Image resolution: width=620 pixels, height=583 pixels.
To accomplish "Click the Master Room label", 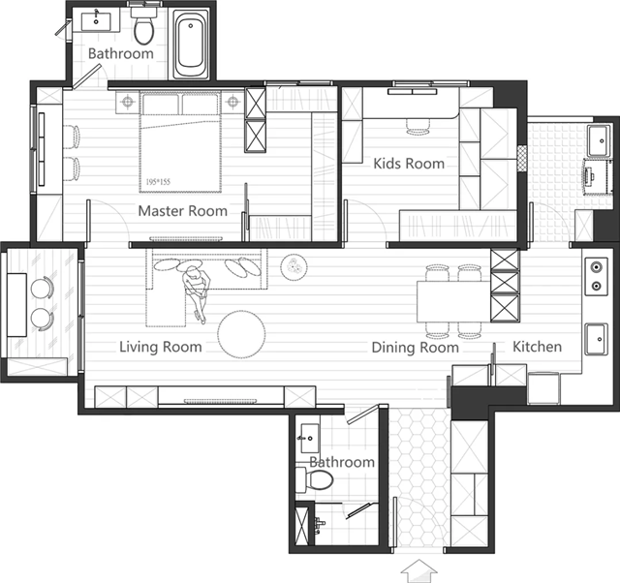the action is [x=183, y=211].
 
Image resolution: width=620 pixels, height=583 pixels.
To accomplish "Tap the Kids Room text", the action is [x=409, y=164].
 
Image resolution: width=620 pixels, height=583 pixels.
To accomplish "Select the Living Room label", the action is [x=161, y=347].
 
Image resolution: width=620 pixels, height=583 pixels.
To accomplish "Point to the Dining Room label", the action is [x=416, y=347].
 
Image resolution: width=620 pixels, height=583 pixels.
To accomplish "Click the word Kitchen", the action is [x=537, y=347].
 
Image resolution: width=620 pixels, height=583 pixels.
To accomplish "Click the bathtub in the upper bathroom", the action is [x=191, y=44].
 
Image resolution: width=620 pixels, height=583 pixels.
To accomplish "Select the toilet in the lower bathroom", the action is [x=315, y=479].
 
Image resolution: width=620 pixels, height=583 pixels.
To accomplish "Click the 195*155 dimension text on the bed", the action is [x=158, y=182].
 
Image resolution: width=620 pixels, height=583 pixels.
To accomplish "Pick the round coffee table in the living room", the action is [x=241, y=333].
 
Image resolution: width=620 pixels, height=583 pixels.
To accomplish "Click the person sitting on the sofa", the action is [x=196, y=292].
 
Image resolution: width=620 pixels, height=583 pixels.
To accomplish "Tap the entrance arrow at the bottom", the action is [x=419, y=571].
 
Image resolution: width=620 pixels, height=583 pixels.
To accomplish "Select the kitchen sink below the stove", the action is [x=597, y=339].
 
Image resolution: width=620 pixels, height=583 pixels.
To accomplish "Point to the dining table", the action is [x=454, y=301].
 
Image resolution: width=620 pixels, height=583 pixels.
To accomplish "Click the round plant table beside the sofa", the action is [x=294, y=267].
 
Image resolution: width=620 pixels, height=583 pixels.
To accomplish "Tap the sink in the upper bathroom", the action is [x=96, y=21].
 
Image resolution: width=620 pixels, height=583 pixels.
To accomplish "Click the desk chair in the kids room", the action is [x=418, y=126].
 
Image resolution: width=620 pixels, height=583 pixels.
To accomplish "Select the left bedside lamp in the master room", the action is [x=127, y=102].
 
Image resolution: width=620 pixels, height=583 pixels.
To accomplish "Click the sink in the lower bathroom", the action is [x=310, y=439].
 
